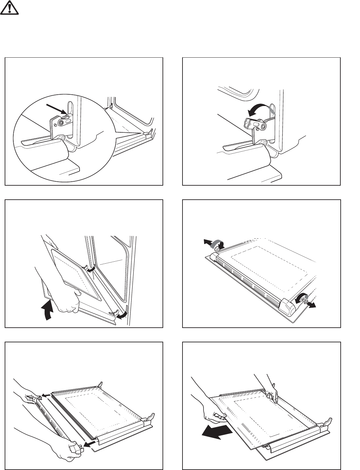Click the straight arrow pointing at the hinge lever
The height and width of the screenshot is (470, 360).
(56, 110)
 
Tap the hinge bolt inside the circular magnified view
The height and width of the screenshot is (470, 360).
(61, 122)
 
